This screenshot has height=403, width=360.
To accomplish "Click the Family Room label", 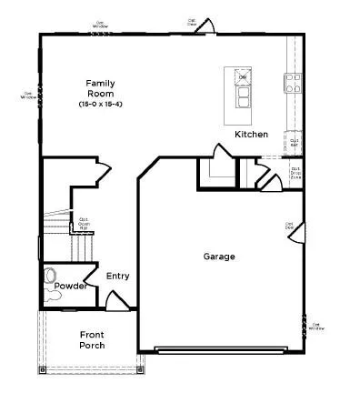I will click(x=100, y=88).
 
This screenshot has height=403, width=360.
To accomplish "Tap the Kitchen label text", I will click(x=252, y=135).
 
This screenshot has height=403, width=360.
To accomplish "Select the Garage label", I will click(x=218, y=257).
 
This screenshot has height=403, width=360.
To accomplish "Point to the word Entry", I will click(x=118, y=277).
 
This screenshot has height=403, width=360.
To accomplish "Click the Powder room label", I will click(x=70, y=286).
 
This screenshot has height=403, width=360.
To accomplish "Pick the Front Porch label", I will click(x=92, y=339).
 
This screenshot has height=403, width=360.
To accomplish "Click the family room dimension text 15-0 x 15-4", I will click(x=100, y=106).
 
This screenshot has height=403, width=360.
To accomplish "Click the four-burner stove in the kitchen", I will click(x=294, y=84).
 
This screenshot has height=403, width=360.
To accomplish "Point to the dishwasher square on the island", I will click(x=243, y=78).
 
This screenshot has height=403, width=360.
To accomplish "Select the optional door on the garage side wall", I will click(x=295, y=234).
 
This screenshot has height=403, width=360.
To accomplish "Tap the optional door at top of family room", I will click(x=204, y=26).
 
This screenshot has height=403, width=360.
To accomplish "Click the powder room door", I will click(x=91, y=273).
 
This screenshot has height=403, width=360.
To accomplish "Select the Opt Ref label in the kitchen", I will click(x=295, y=142).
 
